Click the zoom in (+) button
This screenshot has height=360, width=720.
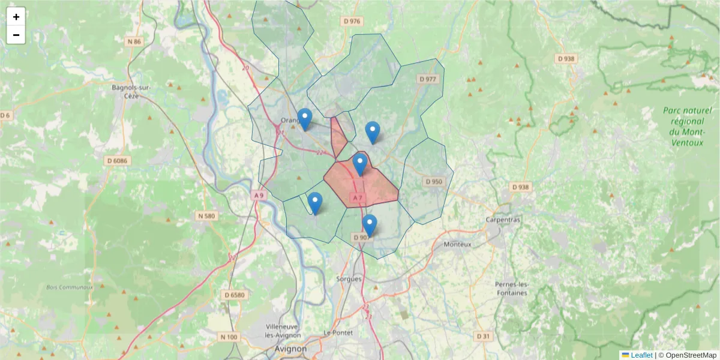point(16,17)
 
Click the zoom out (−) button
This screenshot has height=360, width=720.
point(16,35)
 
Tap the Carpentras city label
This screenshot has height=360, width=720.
point(503,220)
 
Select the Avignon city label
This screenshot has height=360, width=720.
point(290,349)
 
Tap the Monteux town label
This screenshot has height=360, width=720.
point(458,245)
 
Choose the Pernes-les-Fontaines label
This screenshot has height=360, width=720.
point(512,288)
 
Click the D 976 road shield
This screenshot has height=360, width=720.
point(352,21)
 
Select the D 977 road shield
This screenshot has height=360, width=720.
point(428,79)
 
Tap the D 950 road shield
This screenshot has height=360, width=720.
point(433,181)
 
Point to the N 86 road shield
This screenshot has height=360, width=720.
point(134,42)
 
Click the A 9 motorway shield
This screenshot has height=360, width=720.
point(259,196)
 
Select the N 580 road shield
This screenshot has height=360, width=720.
point(206,215)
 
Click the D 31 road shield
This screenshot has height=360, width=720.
point(483,337)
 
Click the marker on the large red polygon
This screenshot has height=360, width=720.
point(360,164)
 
